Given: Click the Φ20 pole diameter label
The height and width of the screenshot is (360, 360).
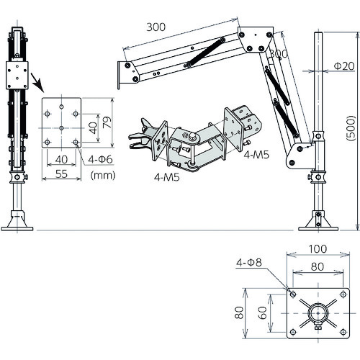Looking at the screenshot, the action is [x=344, y=66].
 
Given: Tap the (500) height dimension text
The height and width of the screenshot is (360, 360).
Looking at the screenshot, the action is [x=351, y=128].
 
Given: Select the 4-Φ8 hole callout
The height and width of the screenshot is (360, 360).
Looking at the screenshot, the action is [x=249, y=263].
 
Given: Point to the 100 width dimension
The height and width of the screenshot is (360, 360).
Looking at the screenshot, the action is [x=318, y=249].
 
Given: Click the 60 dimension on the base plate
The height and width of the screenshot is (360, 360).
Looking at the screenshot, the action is [x=263, y=312].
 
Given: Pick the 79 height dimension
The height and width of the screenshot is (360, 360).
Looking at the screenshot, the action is [x=107, y=122].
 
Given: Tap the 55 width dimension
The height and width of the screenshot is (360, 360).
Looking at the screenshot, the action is [x=61, y=174].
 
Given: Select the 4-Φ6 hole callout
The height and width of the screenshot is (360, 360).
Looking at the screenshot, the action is [x=100, y=159].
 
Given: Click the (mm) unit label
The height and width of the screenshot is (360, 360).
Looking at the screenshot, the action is [x=103, y=176].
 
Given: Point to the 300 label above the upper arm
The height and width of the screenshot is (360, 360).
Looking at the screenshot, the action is [x=156, y=27].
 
